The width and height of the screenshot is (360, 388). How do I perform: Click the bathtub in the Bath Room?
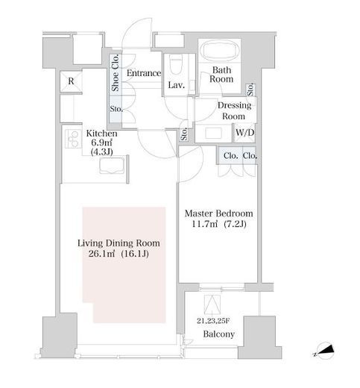pyautogui.click(x=219, y=51)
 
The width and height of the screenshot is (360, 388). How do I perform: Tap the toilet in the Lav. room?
pyautogui.click(x=176, y=65)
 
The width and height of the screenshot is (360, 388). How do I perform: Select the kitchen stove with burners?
pyautogui.click(x=73, y=140)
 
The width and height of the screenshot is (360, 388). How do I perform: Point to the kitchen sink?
pyautogui.click(x=111, y=165)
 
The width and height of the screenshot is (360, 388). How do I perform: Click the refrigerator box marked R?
pyautogui.click(x=71, y=81)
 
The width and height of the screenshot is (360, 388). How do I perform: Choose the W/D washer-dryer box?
pyautogui.click(x=244, y=133)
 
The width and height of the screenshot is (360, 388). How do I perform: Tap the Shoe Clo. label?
pyautogui.click(x=116, y=73)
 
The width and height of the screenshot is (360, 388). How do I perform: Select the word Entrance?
pyautogui.click(x=144, y=73)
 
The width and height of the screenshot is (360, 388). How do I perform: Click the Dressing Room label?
pyautogui.click(x=234, y=110)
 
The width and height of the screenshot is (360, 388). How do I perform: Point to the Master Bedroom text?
pyautogui.click(x=219, y=213)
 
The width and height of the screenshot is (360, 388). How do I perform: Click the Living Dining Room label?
pyautogui.click(x=119, y=243)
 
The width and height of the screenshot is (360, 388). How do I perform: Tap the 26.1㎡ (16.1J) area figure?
pyautogui.click(x=119, y=254)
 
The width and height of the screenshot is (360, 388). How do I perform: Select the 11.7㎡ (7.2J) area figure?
pyautogui.click(x=219, y=225)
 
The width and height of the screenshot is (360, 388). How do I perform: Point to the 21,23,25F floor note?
pyautogui.click(x=213, y=321)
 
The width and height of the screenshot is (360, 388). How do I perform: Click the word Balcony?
pyautogui.click(x=219, y=334)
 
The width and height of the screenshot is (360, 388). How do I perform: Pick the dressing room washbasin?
pyautogui.click(x=213, y=134)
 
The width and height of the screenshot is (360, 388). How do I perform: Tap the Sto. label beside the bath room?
pyautogui.click(x=250, y=90)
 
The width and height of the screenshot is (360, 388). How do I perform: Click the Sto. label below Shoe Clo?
pyautogui.click(x=116, y=109)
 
